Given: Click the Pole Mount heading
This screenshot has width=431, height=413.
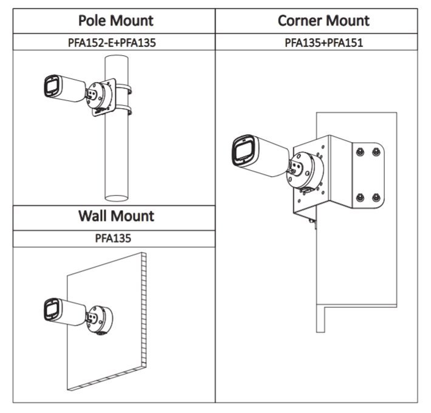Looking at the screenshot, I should tap(116, 20).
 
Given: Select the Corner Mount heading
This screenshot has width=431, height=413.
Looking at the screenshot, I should tap(323, 20).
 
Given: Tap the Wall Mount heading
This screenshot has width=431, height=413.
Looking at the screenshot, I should tap(116, 216).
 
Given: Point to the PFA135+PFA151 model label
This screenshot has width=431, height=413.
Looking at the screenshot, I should tap(324, 43).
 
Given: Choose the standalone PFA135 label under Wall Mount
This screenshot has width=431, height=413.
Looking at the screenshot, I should tap(114, 239).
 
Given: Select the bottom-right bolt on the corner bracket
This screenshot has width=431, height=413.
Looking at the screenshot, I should tap(376, 197).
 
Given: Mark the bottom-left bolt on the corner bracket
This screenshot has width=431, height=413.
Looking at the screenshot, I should tap(361, 197).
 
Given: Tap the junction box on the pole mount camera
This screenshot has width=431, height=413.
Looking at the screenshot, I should tap(99, 94).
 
